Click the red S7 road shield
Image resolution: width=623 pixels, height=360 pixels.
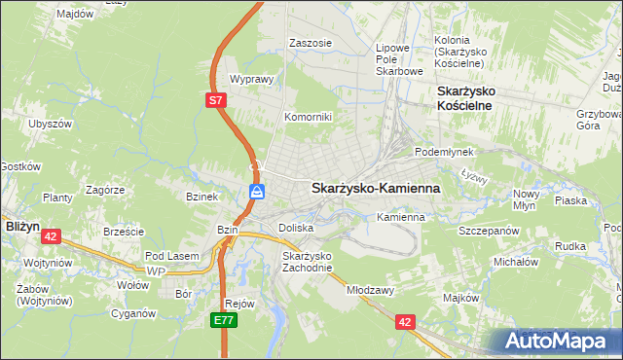pos(218,99)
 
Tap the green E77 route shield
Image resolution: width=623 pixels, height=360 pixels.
pos(225,318)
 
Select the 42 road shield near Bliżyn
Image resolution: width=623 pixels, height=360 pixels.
pos(52,235)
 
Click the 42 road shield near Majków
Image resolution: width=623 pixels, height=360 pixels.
pos(404,319)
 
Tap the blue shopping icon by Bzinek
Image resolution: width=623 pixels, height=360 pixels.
pos(256,192)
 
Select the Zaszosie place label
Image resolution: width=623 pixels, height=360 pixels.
pos(311,44)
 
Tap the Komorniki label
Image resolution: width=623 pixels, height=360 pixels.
pos(308,117)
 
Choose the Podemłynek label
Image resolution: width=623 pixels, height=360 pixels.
pos(444,153)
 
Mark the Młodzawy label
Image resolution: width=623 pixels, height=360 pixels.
pos(370,290)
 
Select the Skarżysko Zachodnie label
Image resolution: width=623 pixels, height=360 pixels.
pos(308,262)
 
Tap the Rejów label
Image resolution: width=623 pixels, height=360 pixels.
pos(239,303)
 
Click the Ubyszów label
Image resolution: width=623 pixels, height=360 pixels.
pos(51,125)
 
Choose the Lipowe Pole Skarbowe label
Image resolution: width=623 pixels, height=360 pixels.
pos(399,58)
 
